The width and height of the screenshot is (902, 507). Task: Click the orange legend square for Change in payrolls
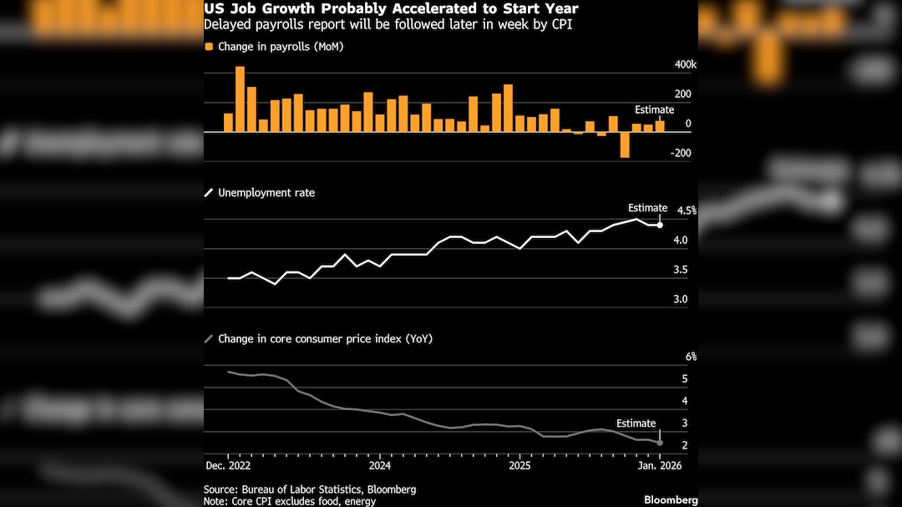(x=209, y=47)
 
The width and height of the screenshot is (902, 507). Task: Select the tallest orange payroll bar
(x=241, y=99)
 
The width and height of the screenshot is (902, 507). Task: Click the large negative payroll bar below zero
(x=625, y=144)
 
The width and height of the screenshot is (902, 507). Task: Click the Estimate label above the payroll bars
(x=654, y=109)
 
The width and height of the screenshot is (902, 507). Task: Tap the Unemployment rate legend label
(x=266, y=193)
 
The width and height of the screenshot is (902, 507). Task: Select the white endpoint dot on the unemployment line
(x=660, y=225)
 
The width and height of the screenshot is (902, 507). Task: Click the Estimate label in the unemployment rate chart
(x=647, y=208)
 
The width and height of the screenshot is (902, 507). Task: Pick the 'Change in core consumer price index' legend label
(x=325, y=339)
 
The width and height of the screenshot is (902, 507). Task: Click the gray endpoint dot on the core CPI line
(x=660, y=442)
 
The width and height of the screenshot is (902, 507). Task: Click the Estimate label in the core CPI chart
(x=636, y=423)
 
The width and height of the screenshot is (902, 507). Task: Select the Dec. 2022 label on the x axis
(x=228, y=464)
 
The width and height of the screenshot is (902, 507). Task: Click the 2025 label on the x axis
(x=519, y=464)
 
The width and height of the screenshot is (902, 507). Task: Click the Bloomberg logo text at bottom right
(x=671, y=499)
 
